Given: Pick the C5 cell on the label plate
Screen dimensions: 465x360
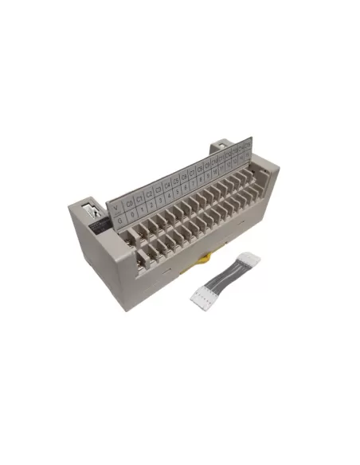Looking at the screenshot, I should point(176,182).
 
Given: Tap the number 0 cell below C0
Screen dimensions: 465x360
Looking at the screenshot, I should point(131,213).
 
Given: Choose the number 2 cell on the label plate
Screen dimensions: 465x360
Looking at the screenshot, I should point(151,206).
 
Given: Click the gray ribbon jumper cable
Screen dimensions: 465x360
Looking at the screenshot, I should point(223,277).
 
